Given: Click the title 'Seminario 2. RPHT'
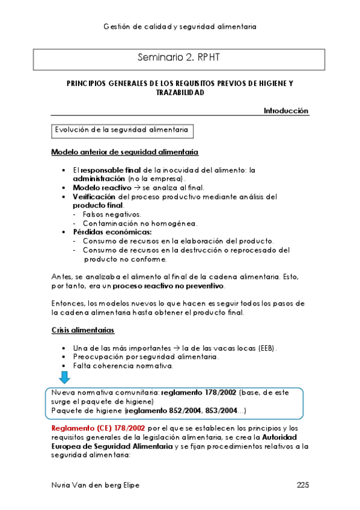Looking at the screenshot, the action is (180, 58).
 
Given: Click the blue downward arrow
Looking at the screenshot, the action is (64, 378).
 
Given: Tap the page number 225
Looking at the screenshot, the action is (302, 485).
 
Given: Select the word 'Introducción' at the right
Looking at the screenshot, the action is (286, 111).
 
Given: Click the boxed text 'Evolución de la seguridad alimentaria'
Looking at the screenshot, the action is (122, 129).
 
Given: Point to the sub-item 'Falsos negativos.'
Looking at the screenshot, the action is (112, 214).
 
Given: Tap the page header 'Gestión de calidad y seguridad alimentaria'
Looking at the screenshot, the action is (180, 26).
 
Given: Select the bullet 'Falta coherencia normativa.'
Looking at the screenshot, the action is (123, 365).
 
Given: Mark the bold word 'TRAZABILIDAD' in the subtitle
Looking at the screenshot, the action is (180, 93).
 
